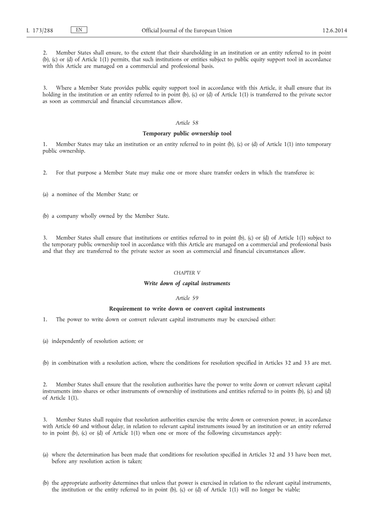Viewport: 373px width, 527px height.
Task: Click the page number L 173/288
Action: pyautogui.click(x=39, y=30)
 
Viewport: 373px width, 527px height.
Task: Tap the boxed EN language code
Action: pyautogui.click(x=79, y=30)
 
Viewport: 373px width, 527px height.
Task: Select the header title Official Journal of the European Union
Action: pyautogui.click(x=186, y=30)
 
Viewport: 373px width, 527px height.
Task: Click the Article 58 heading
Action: pyautogui.click(x=186, y=122)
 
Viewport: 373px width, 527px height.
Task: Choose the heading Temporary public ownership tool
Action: pyautogui.click(x=186, y=133)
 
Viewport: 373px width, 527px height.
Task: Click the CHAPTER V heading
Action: pyautogui.click(x=186, y=273)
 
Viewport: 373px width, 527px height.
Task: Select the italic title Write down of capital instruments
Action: pyautogui.click(x=186, y=283)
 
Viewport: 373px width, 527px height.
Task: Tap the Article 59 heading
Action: pyautogui.click(x=186, y=298)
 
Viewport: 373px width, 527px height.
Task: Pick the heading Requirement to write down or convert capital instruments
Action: pyautogui.click(x=186, y=308)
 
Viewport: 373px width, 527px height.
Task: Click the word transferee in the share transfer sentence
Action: pyautogui.click(x=295, y=173)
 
